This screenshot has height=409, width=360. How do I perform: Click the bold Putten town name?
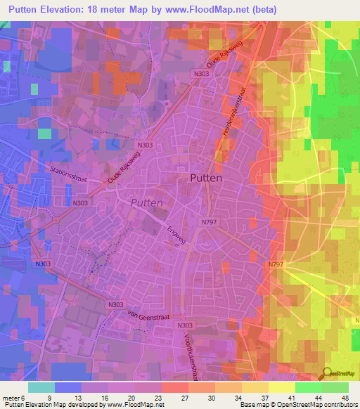click(x=206, y=178)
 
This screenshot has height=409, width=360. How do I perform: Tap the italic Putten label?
click(x=146, y=202)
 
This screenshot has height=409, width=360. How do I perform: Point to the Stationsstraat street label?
click(x=72, y=169)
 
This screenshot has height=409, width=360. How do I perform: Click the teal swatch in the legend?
click(x=41, y=387)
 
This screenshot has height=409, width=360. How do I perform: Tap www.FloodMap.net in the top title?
click(x=202, y=10)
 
